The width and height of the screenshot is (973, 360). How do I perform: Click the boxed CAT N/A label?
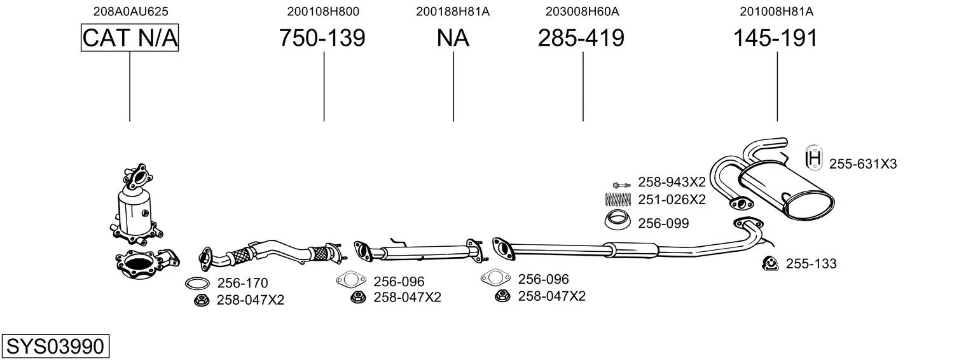point(130,38)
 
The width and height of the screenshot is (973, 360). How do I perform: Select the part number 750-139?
point(322,38)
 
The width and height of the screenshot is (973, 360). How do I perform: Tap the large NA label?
point(453,38)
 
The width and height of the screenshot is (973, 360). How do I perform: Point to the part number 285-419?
point(581,38)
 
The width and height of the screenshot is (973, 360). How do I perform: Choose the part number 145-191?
point(775,38)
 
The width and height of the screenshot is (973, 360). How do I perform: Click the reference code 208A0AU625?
point(130,11)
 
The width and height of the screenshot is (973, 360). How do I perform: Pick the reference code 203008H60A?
point(582,11)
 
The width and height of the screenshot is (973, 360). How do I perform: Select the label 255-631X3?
point(862,164)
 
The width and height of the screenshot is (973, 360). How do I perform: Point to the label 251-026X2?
point(672,200)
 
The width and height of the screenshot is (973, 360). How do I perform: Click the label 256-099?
point(663,223)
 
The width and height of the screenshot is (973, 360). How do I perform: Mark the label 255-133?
point(811,263)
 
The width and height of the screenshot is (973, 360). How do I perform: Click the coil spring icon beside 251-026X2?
point(617,199)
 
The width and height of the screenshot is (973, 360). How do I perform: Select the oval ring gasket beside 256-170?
point(198,284)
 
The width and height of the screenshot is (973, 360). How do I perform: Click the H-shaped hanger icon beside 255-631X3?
point(813,158)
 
